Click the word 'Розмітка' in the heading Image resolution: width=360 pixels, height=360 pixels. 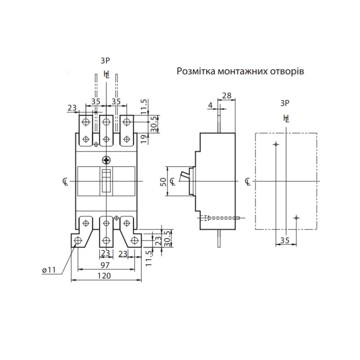(196, 71)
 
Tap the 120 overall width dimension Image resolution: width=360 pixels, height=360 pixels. (104, 275)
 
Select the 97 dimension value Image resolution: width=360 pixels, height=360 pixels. (105, 265)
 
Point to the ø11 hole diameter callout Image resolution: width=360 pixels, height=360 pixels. (49, 270)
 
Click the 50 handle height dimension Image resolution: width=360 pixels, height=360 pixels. (163, 182)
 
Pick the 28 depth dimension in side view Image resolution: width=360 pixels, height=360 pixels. (227, 95)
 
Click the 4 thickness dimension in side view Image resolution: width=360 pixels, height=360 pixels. (210, 105)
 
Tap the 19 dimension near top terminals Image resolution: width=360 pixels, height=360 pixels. (144, 139)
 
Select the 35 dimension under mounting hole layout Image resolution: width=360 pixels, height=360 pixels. (285, 240)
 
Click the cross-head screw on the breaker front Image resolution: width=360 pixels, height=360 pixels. (106, 160)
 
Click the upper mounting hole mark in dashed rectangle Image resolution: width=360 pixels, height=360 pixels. (276, 144)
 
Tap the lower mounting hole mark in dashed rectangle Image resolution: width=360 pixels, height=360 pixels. (296, 218)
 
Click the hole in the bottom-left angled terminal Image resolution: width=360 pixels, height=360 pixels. (78, 240)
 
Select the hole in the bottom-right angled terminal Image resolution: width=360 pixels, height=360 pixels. (134, 240)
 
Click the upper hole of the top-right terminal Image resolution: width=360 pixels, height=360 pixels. (126, 121)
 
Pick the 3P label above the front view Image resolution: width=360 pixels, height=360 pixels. (105, 61)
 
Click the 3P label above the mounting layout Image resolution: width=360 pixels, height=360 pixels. (285, 103)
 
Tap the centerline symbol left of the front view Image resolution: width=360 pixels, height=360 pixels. (65, 182)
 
